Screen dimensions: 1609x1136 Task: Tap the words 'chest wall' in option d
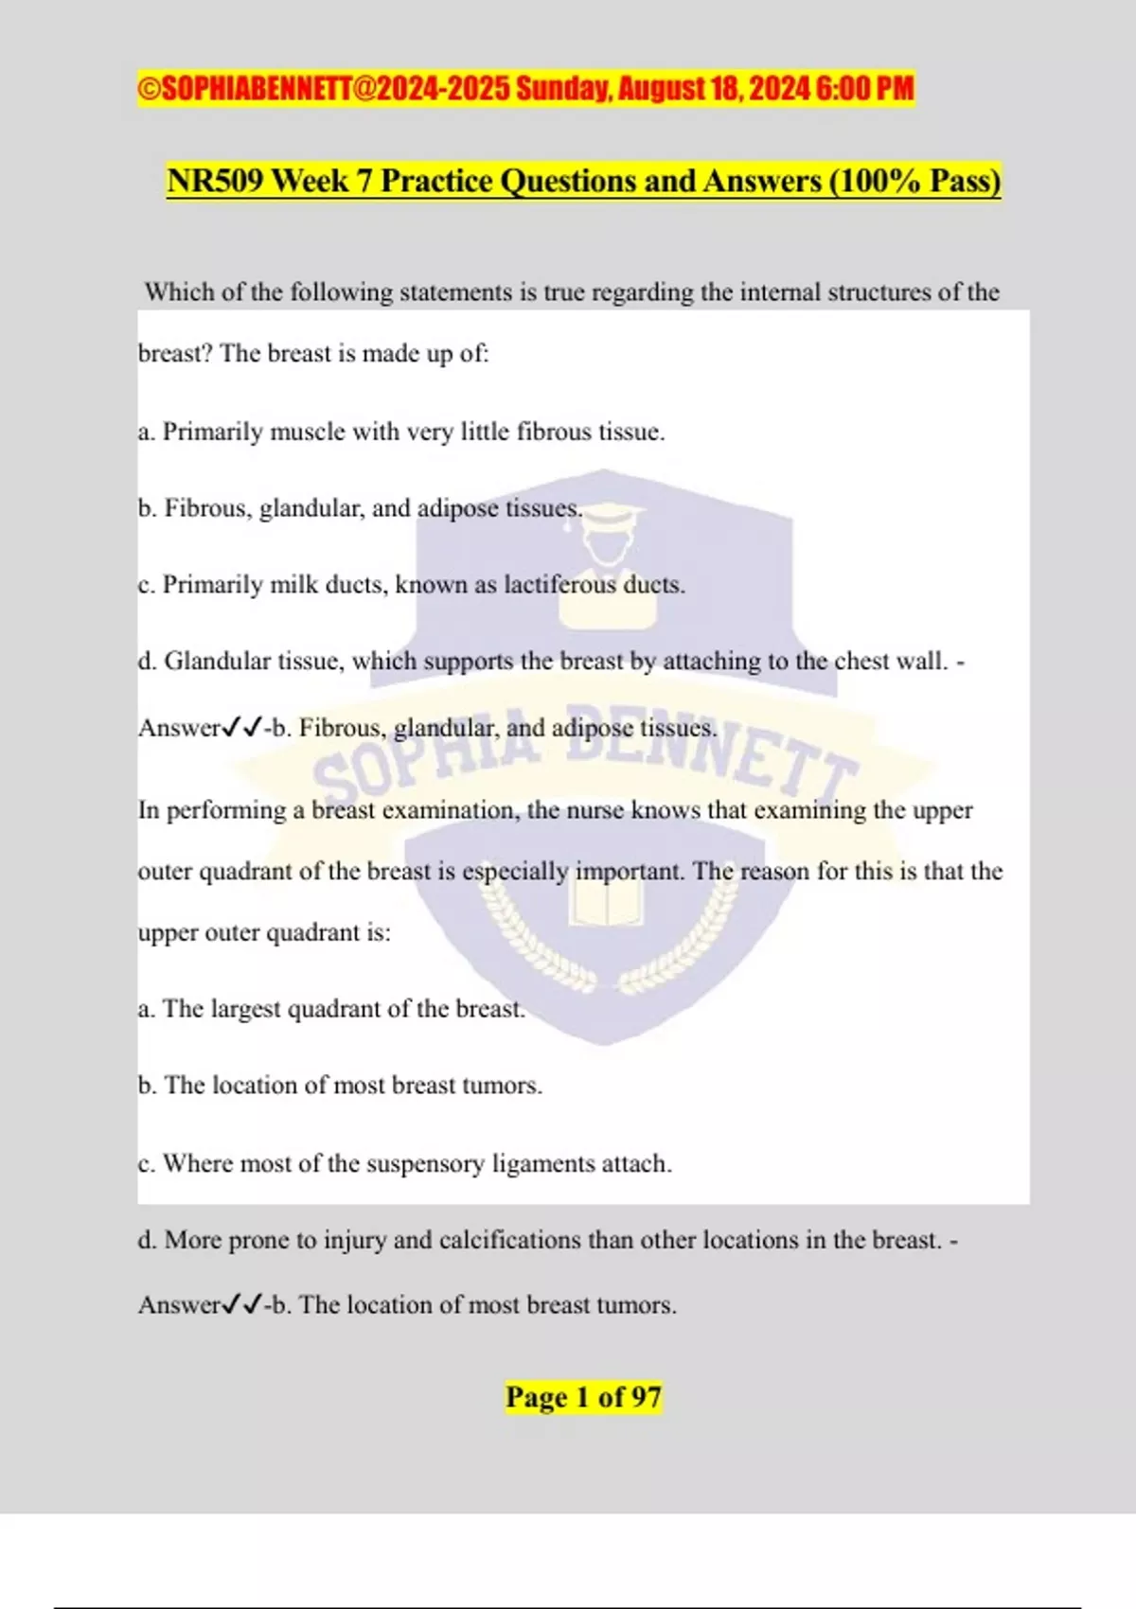point(891,662)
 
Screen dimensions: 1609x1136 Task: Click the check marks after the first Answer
point(241,728)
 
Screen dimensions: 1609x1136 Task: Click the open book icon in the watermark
point(606,904)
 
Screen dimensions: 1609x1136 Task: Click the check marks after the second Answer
point(241,1305)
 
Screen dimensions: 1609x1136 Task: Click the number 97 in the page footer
point(646,1397)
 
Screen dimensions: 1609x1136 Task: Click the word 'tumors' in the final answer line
point(635,1305)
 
